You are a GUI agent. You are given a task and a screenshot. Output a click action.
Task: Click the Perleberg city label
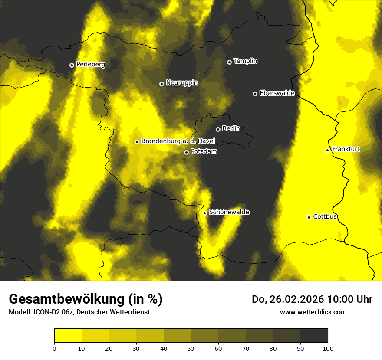(90, 65)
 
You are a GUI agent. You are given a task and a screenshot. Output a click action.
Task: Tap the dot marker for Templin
(229, 62)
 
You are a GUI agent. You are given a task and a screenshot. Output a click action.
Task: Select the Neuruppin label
(181, 83)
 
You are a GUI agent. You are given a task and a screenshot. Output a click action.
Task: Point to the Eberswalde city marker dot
(255, 94)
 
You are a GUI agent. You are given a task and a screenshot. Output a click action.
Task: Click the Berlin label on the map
(231, 129)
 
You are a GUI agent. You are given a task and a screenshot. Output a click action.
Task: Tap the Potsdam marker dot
(186, 152)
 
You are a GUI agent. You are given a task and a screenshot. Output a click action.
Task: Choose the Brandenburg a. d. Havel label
(178, 141)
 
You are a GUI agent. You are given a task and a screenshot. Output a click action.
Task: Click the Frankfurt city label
(346, 149)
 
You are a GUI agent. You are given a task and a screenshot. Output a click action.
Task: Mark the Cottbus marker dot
(309, 217)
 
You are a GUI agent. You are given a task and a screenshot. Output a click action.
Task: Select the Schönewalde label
(229, 212)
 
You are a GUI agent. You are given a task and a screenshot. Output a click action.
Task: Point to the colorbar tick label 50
(191, 348)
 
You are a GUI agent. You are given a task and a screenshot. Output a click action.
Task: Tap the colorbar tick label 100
(327, 348)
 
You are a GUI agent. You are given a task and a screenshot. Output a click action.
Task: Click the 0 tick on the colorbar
(54, 348)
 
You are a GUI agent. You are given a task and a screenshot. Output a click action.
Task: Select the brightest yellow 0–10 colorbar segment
(68, 336)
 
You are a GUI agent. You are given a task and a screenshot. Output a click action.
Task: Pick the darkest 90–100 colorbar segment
(314, 336)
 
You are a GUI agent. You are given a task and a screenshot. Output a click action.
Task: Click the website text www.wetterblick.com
(313, 312)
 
